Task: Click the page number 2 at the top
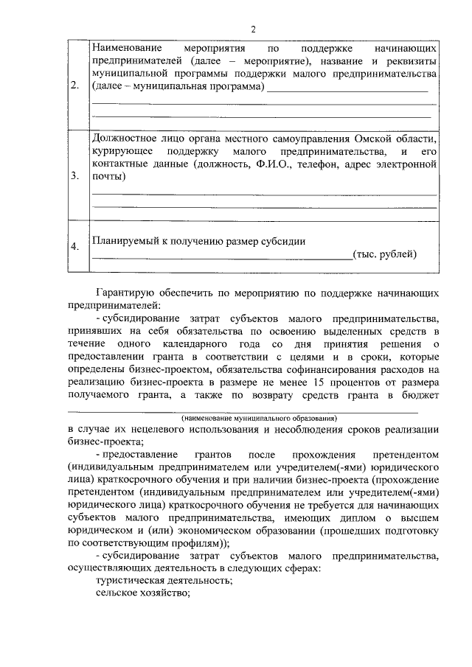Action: click(253, 29)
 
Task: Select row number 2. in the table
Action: click(74, 86)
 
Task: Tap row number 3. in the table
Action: click(74, 177)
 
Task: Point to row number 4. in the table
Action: click(74, 247)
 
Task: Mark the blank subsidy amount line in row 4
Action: click(221, 258)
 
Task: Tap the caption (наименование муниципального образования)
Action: click(243, 416)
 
